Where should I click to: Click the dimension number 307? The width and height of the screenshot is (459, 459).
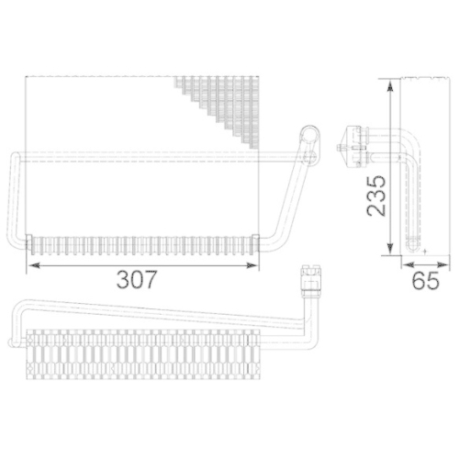click(140, 278)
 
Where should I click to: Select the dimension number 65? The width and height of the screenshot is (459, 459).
click(424, 281)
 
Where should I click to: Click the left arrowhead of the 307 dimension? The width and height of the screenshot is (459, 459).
click(33, 264)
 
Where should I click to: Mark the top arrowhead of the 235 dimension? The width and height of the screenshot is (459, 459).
click(392, 84)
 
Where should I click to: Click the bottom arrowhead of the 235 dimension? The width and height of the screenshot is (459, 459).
click(392, 250)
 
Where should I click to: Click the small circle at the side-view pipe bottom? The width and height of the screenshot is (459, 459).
click(424, 246)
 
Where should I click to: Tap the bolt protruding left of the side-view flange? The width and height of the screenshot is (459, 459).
click(341, 144)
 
